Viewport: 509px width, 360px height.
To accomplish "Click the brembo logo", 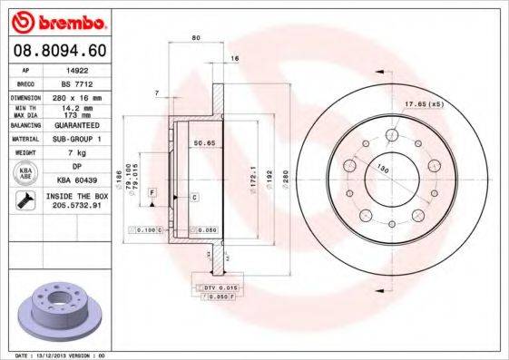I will point(56,20).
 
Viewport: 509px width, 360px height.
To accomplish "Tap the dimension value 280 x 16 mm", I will point(79,96).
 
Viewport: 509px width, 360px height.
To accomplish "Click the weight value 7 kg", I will point(78,152).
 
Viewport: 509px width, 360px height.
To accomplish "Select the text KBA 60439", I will point(79,180).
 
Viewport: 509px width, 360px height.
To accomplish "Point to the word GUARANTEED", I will point(79,124).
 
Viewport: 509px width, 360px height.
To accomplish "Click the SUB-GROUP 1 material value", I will point(79,139).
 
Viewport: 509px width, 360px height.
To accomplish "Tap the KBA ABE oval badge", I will point(27,174).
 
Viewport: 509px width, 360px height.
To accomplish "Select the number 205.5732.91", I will point(79,206).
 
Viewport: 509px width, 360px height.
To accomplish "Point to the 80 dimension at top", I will point(196,37).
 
